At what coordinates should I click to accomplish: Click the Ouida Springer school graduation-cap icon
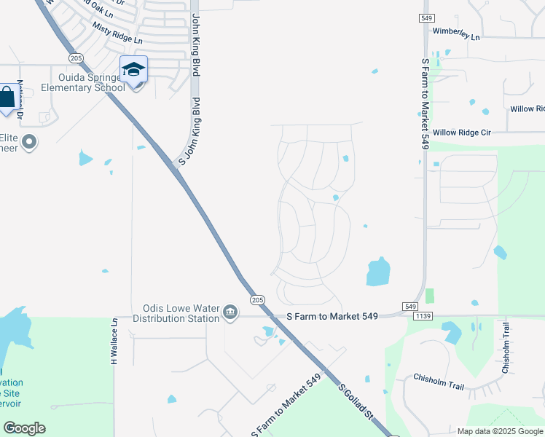(x=134, y=69)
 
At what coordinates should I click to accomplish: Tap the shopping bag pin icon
(x=7, y=98)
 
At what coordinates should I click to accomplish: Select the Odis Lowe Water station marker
(x=230, y=312)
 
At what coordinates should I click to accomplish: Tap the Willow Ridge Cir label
(x=462, y=133)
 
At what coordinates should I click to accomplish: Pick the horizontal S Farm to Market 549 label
(x=332, y=316)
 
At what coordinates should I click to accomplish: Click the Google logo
(x=24, y=428)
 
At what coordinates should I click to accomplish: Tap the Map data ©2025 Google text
(x=500, y=431)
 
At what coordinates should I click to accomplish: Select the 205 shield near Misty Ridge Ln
(x=75, y=58)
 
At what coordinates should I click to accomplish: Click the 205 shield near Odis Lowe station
(x=256, y=299)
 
